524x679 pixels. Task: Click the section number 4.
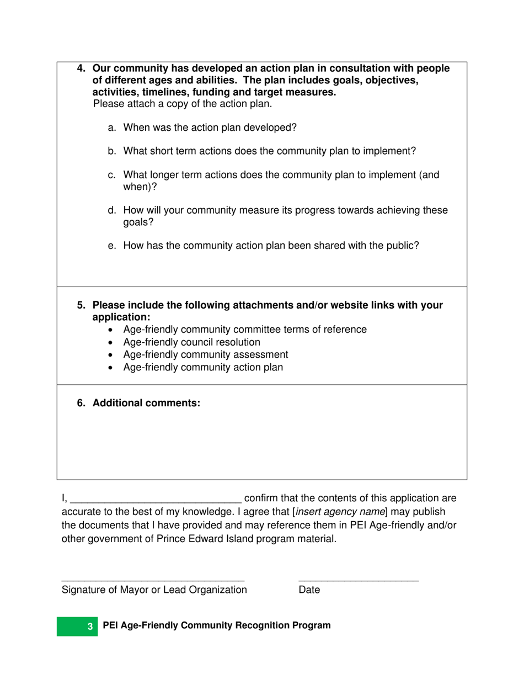click(x=81, y=68)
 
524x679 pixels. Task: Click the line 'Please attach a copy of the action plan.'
click(x=183, y=104)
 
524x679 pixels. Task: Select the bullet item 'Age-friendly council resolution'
click(x=191, y=342)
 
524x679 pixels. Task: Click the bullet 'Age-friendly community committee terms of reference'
click(x=245, y=330)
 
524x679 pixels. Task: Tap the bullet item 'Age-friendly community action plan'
click(x=203, y=367)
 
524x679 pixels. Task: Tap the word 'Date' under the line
click(x=309, y=590)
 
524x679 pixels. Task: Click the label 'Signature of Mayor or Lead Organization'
click(x=154, y=590)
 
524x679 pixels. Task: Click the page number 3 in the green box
click(x=90, y=627)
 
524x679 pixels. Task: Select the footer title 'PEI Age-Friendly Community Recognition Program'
click(x=217, y=625)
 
